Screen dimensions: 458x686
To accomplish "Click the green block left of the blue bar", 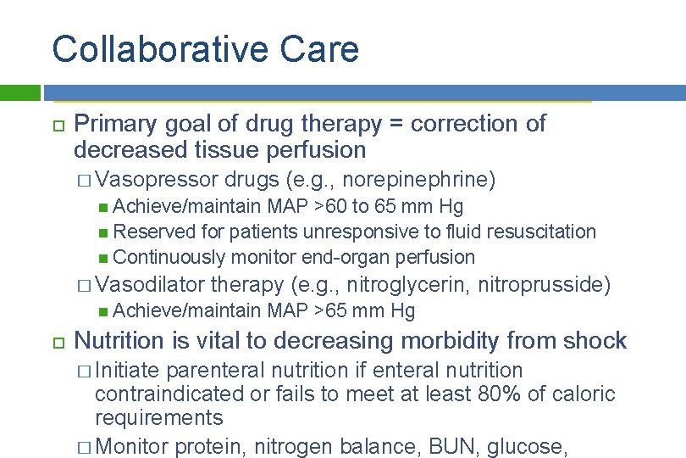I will coord(20,92).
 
